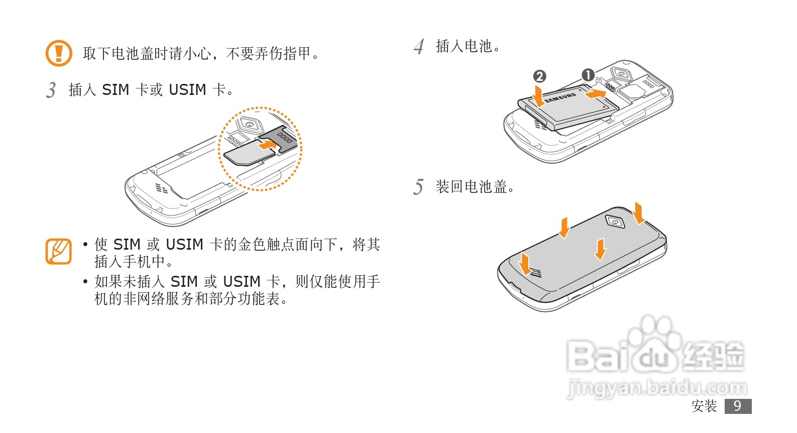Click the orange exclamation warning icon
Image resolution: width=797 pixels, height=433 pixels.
(59, 53)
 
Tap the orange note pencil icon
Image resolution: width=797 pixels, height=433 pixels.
(59, 251)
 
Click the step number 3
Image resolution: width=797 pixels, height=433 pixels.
(51, 90)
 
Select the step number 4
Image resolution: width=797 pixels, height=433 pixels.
(419, 47)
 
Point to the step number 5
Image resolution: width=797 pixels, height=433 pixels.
(418, 187)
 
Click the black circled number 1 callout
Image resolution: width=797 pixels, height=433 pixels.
(588, 75)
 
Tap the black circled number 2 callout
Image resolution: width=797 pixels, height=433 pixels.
(539, 76)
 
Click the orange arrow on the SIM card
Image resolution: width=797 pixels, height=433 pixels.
(267, 145)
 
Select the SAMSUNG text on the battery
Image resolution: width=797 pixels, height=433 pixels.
(560, 97)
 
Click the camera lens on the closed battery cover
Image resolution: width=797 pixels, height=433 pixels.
(615, 221)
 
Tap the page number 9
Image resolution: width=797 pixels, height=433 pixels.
(737, 406)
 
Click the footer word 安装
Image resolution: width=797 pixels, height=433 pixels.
(704, 406)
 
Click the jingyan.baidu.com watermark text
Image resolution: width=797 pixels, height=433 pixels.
(656, 388)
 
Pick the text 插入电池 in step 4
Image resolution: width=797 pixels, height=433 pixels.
(464, 47)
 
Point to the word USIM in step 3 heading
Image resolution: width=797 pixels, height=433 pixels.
(187, 90)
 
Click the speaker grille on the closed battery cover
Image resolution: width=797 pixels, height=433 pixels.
(535, 273)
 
